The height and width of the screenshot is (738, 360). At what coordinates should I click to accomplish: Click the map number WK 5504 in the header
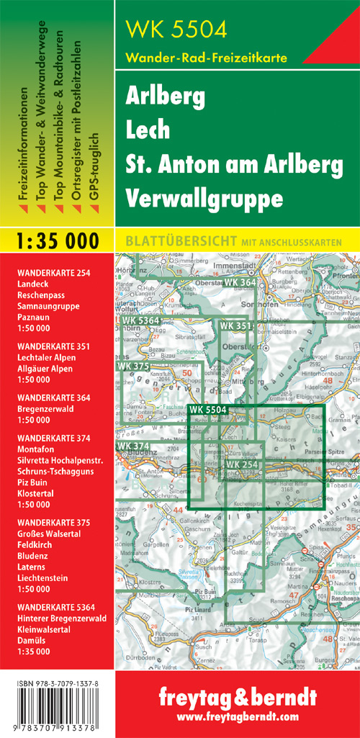[176, 30]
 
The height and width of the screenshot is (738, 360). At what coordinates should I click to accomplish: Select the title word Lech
[148, 130]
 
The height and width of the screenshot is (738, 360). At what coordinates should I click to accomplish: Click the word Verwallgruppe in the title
[191, 197]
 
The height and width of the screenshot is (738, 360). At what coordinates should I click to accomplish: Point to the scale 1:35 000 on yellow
[57, 240]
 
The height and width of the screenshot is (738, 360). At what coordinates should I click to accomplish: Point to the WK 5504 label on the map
[208, 410]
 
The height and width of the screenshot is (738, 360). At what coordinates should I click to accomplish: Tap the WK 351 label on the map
[237, 326]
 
